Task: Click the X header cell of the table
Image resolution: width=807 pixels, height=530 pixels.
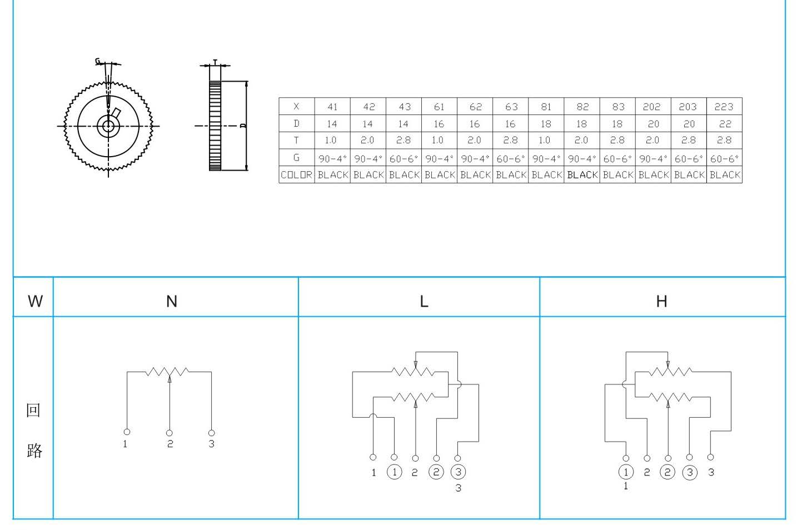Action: tap(296, 106)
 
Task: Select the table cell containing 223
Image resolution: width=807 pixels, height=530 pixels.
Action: tap(724, 106)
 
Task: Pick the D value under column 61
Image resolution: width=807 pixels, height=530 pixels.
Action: tap(439, 123)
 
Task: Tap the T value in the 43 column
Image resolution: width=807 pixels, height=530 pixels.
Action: tap(403, 140)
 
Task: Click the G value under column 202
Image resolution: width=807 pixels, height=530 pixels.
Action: tap(653, 158)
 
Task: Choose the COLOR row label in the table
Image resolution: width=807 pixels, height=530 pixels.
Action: tap(296, 174)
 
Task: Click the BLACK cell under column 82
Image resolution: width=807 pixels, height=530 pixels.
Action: tap(582, 174)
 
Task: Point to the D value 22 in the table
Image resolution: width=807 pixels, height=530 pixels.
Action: tap(724, 123)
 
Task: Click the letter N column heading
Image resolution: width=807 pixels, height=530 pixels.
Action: tap(172, 301)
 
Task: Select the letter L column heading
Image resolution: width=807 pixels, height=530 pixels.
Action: tap(424, 301)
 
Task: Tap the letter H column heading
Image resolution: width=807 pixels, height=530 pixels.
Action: tap(661, 301)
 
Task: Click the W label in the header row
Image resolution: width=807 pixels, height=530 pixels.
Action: tap(36, 301)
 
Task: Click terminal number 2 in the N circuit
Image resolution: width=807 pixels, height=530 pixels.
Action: tap(170, 444)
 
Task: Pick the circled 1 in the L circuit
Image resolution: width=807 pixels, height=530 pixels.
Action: tap(395, 472)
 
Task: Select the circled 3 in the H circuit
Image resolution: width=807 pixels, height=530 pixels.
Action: tap(690, 472)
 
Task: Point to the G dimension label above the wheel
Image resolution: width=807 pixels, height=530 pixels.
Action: tap(98, 61)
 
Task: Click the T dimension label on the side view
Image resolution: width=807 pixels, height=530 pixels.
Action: tap(215, 62)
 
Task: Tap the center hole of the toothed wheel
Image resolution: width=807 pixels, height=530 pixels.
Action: tap(108, 126)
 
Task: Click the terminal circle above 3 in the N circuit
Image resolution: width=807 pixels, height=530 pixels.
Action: tap(212, 433)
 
